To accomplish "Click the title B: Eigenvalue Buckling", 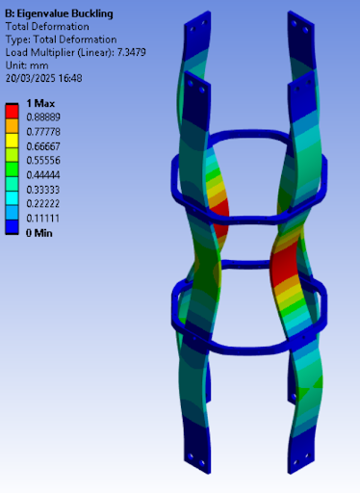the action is tap(59, 13).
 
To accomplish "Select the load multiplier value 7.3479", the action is tap(132, 52).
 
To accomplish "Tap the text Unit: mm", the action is tap(27, 65).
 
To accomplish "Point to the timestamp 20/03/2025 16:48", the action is tap(44, 78).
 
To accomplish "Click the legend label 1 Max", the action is tap(40, 103).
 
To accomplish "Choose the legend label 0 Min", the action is tap(39, 233).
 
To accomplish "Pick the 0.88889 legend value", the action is tap(43, 117).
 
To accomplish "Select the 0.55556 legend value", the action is tap(43, 161).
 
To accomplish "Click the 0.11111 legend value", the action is tap(43, 219).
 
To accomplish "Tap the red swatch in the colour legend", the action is tap(12, 111).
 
